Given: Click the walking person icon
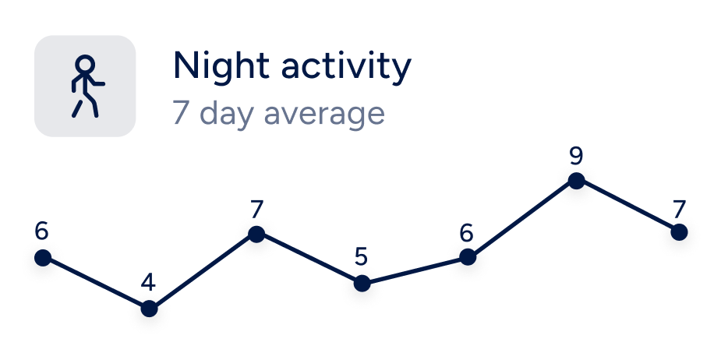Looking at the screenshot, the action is [x=87, y=86].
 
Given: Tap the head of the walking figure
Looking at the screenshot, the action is [x=85, y=64].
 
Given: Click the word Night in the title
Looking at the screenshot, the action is [x=221, y=65].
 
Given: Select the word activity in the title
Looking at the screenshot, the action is [x=346, y=67].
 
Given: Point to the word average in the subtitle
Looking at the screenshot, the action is [x=324, y=114].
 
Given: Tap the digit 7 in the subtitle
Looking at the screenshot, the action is [x=180, y=112].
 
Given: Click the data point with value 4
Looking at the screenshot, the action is [x=149, y=308].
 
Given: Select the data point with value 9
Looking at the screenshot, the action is [x=576, y=181].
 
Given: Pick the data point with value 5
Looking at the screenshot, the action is [x=362, y=283].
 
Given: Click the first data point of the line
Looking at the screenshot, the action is [x=43, y=257].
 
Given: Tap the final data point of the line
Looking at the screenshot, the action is [x=679, y=232].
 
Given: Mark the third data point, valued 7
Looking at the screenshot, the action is [x=256, y=234].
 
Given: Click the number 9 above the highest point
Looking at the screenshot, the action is [x=576, y=157].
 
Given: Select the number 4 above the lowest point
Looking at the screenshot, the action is [x=148, y=283].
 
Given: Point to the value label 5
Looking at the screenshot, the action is [x=361, y=256].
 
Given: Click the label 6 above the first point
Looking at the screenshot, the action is [x=41, y=231].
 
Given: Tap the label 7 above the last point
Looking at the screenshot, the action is [x=679, y=210].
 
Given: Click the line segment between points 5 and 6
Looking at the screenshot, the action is [x=415, y=270].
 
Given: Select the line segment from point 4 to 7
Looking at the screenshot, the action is [x=203, y=271].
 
